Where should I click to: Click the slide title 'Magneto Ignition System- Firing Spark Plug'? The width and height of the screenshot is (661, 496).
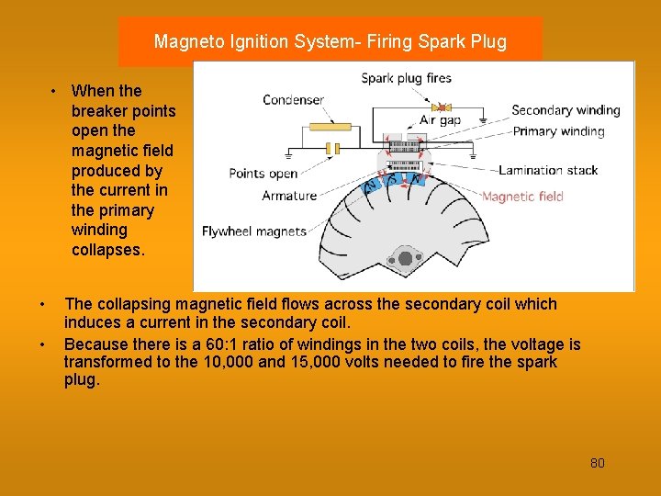330,41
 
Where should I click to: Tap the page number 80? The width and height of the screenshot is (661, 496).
597,463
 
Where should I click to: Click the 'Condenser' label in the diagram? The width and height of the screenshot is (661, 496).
293,100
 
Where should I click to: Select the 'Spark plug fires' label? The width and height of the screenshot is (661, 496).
406,78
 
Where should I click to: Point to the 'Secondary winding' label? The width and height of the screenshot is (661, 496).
566,110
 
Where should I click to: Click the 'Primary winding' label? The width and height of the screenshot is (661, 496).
558,131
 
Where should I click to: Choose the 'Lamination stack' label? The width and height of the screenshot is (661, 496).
548,170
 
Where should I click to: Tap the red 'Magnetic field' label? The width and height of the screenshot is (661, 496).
522,196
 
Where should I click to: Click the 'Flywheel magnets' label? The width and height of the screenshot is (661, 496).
254,231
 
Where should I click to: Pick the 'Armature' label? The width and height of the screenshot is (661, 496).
289,196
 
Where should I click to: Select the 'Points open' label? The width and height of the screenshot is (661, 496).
263,174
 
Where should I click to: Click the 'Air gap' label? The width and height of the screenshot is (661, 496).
440,119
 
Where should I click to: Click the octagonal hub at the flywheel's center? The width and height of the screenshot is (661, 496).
404,258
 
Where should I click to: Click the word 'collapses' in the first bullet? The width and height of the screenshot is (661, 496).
107,250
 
